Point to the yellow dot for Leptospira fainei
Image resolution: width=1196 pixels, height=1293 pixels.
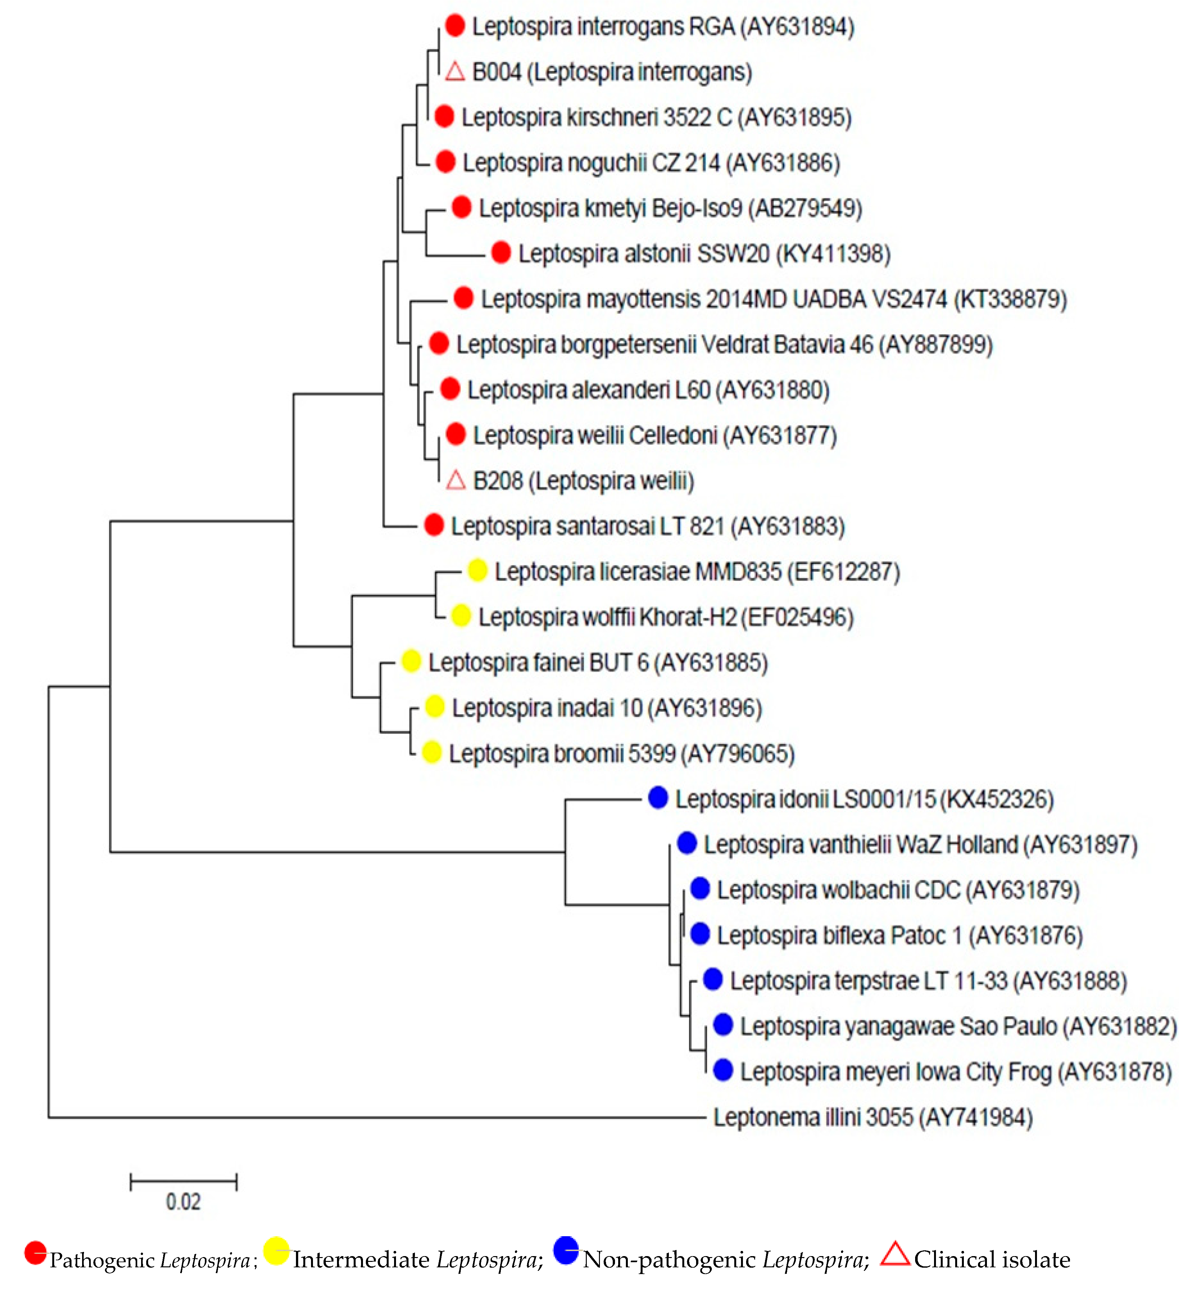tap(411, 661)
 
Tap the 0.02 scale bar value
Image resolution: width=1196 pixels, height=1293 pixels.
tap(183, 1202)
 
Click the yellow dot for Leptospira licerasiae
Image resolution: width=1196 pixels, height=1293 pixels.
tap(477, 570)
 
